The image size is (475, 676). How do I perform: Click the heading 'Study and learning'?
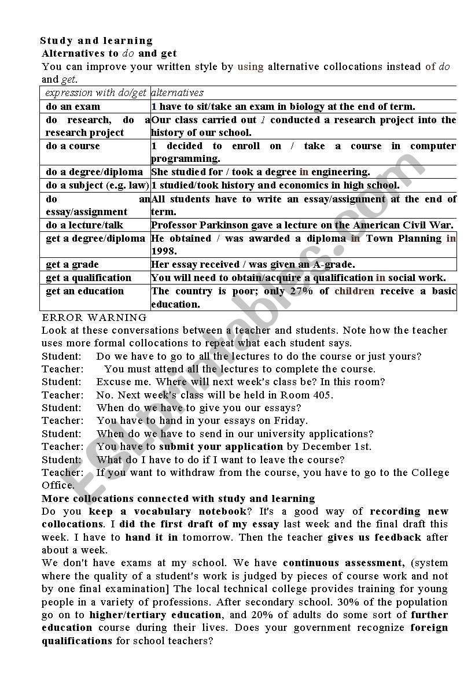[96, 40]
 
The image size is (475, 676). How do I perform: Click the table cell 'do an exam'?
[73, 106]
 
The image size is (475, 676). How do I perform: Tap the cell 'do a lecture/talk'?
[84, 225]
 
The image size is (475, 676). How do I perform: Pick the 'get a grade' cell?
[72, 264]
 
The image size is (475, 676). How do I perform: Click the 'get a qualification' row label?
[89, 278]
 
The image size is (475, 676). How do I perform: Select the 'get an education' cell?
[84, 291]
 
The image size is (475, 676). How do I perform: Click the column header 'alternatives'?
[177, 93]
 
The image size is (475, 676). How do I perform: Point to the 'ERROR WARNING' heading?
[94, 317]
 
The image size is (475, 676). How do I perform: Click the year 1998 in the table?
[163, 252]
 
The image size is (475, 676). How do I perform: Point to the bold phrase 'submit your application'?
[221, 446]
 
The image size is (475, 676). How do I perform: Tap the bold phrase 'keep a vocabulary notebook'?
[168, 511]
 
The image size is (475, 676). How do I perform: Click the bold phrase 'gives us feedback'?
[374, 537]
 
